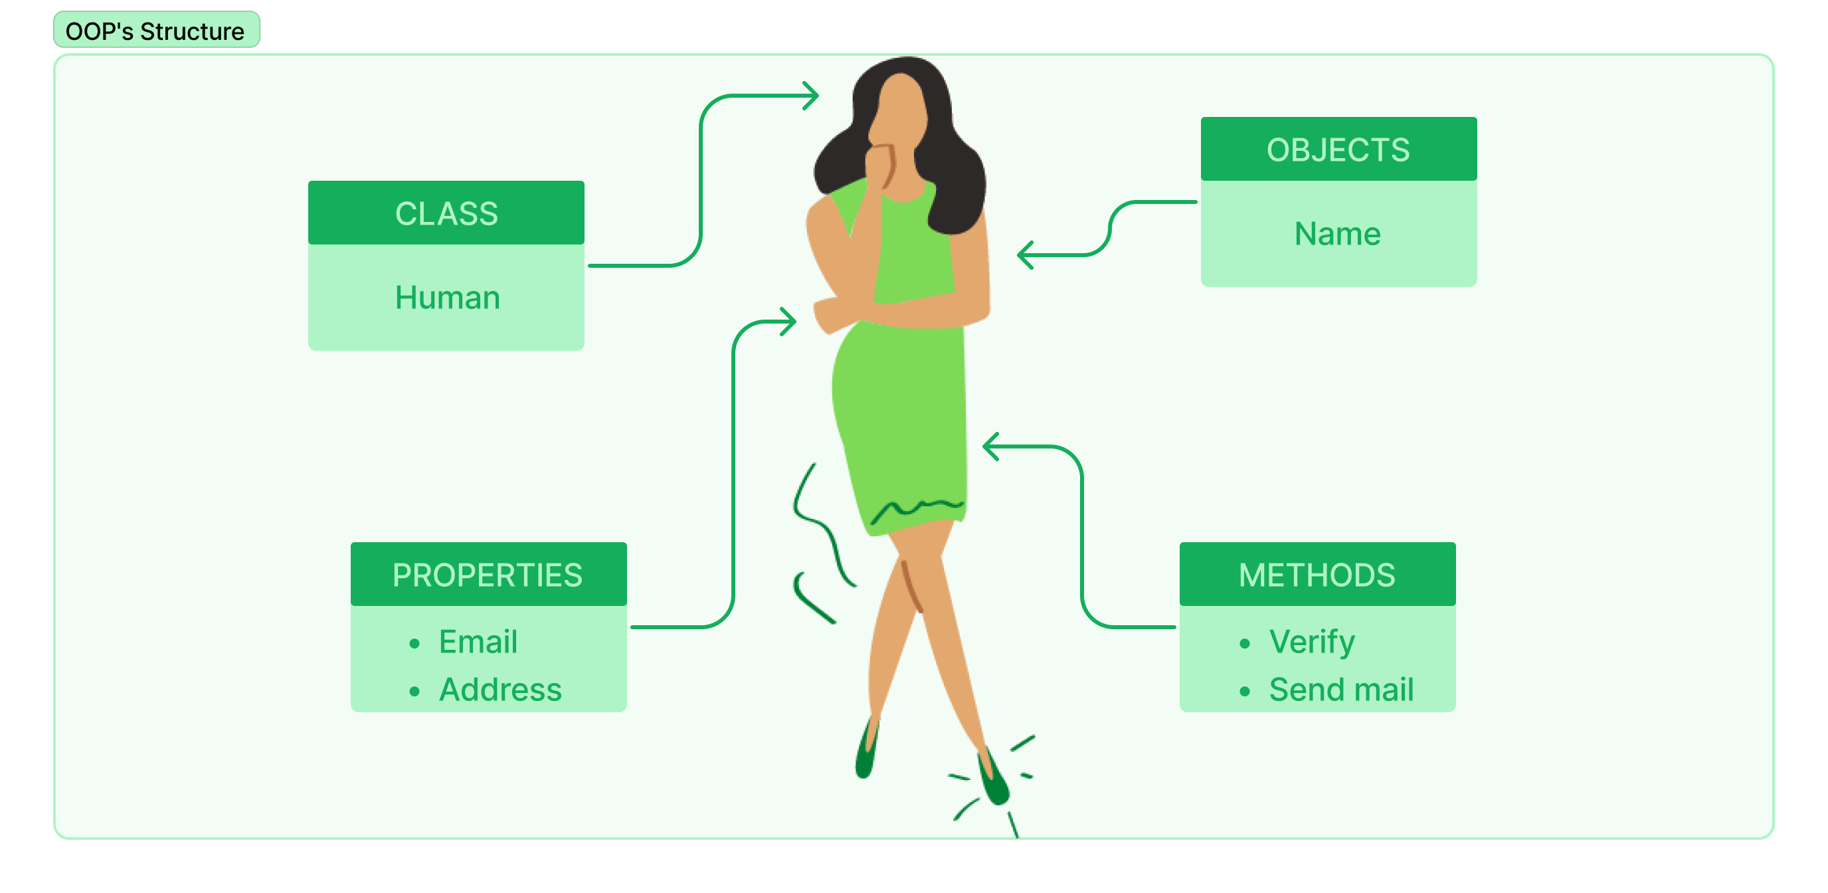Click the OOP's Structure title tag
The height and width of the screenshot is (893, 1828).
156,31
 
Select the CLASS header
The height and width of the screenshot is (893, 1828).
446,213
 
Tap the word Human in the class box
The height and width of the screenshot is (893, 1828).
447,298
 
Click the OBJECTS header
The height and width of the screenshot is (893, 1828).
1338,149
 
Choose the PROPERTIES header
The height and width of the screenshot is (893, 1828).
488,574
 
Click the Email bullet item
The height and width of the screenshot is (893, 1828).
478,642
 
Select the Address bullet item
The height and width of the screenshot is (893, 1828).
500,689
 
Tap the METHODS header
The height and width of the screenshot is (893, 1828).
1317,574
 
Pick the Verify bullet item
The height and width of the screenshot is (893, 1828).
1311,642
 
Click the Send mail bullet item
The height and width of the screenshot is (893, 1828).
1340,689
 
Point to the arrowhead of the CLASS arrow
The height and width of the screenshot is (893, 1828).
813,95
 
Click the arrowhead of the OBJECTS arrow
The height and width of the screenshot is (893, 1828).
1024,255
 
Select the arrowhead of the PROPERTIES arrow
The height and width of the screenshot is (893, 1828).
790,322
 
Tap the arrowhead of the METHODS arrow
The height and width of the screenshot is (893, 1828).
988,446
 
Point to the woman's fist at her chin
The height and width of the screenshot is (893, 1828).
881,163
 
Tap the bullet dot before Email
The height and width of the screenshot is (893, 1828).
414,644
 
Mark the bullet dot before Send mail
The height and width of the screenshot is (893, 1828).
1244,692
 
